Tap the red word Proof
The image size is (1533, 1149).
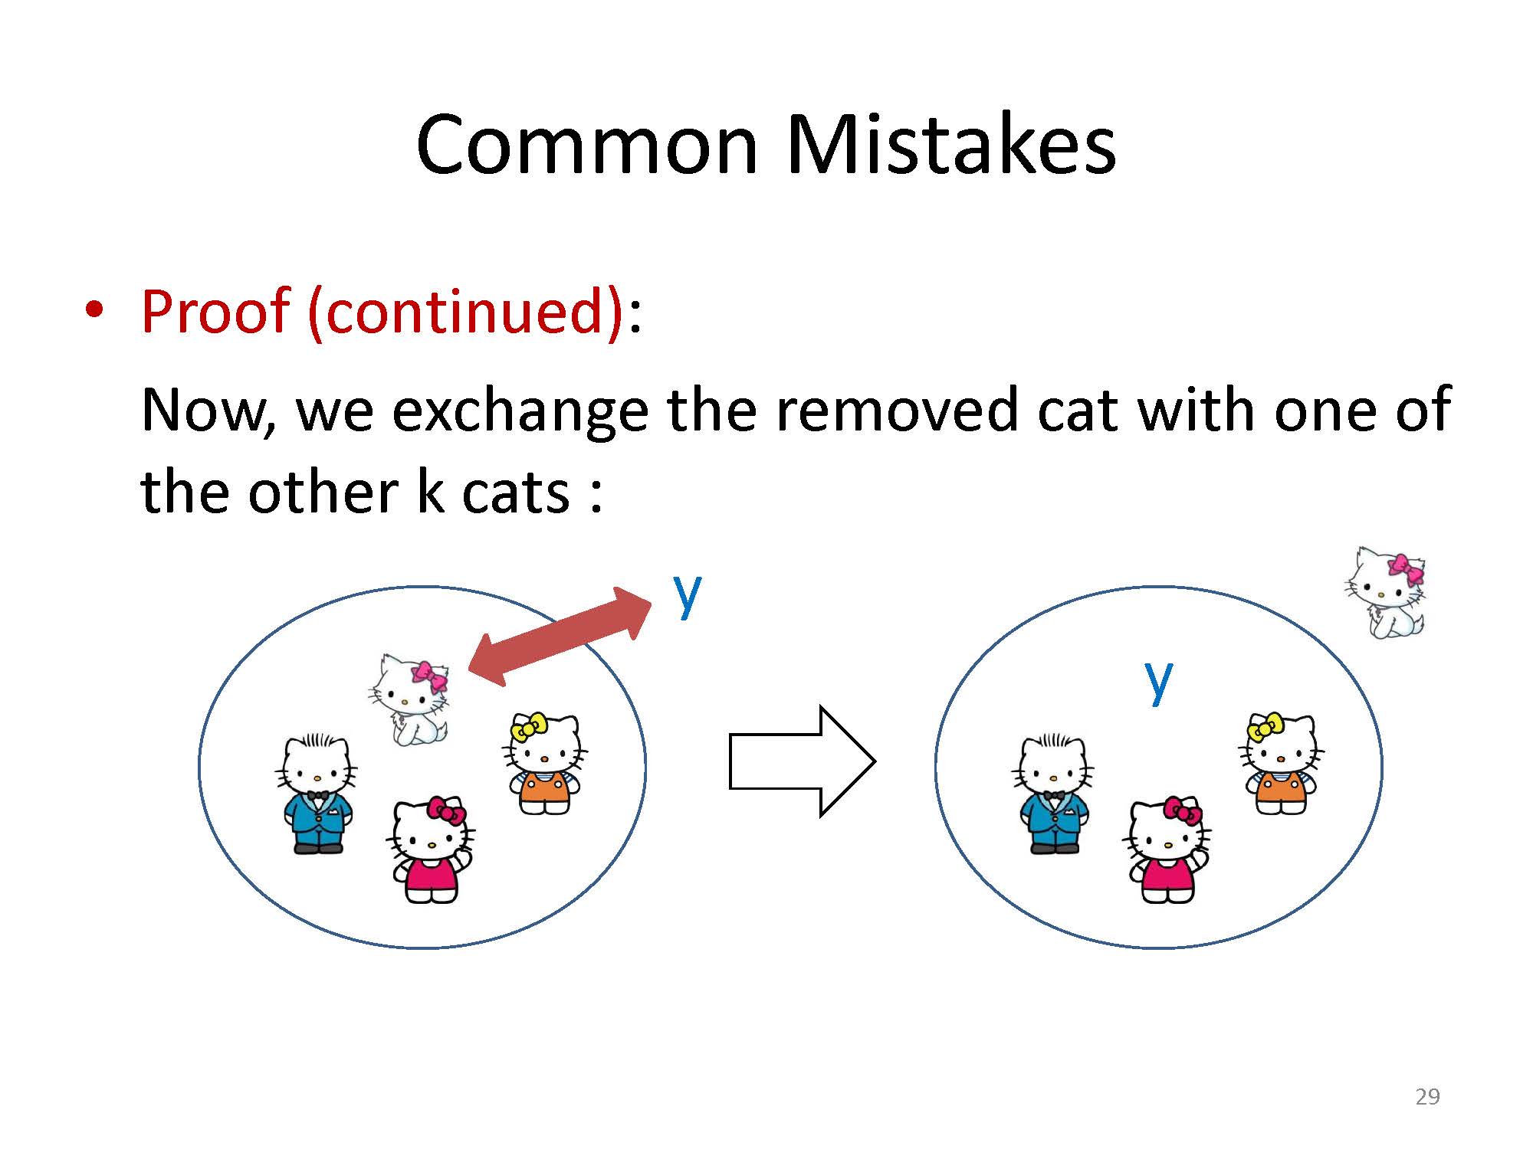point(215,313)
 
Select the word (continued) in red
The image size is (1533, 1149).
point(465,312)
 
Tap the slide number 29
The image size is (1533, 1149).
point(1427,1097)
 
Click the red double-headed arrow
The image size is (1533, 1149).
point(560,635)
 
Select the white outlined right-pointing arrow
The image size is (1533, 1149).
point(802,761)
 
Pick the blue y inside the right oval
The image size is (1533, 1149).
point(1158,679)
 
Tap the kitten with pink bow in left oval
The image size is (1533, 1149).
point(409,699)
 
